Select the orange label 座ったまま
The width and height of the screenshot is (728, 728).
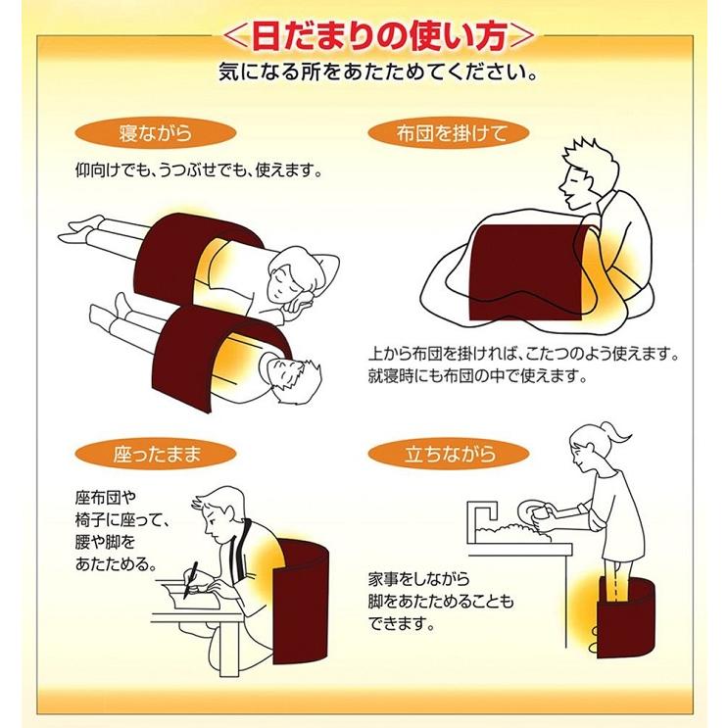coord(159,455)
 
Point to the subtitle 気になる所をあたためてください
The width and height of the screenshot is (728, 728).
coord(364,73)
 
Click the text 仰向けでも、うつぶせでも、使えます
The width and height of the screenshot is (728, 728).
coord(199,170)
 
